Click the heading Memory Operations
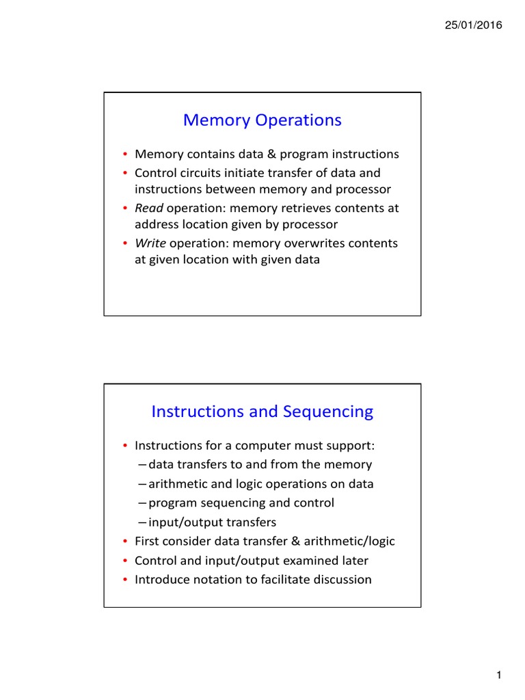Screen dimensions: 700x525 (262, 120)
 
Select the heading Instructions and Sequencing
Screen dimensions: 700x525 (262, 412)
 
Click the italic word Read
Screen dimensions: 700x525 (148, 208)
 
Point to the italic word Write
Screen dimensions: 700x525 (150, 243)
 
